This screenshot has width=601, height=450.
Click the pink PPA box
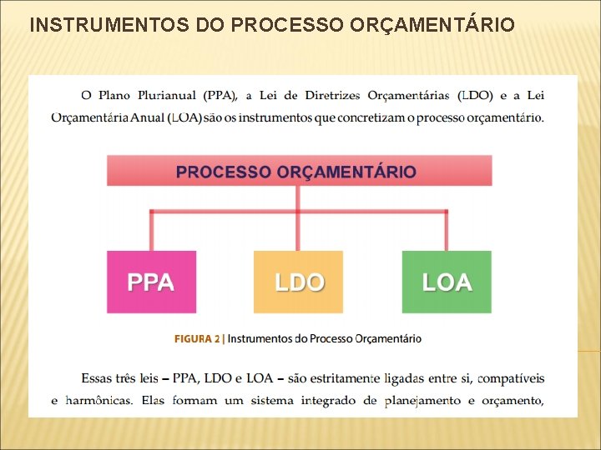pos(151,282)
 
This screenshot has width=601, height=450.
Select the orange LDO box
pos(298,282)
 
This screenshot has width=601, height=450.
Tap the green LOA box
pos(447,282)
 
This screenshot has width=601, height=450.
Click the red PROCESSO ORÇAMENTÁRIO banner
pos(299,172)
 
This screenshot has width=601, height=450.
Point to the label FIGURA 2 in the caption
pos(197,338)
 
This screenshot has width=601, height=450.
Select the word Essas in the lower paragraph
pos(100,379)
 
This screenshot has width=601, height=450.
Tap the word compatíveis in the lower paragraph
pos(510,379)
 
